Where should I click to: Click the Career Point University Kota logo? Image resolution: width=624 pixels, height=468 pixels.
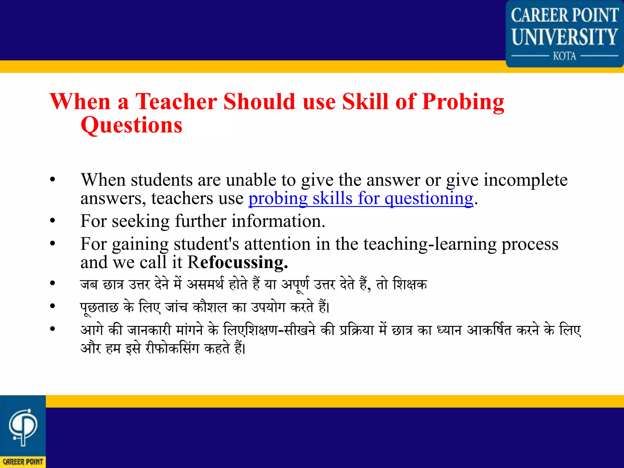(565, 34)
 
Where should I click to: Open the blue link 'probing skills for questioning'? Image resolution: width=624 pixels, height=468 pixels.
(361, 198)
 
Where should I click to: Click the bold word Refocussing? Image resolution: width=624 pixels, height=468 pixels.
(238, 262)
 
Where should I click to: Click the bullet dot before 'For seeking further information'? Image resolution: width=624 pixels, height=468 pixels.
(53, 220)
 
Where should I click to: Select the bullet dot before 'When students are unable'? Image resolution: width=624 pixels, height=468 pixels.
(53, 179)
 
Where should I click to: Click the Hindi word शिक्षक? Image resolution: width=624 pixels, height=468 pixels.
(410, 284)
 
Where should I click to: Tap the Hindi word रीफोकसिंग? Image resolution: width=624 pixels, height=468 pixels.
(172, 348)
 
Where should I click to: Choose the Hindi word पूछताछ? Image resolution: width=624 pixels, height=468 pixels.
(99, 307)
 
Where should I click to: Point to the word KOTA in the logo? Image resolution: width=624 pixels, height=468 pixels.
(565, 56)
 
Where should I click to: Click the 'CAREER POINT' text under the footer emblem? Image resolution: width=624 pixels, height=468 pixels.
(23, 462)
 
